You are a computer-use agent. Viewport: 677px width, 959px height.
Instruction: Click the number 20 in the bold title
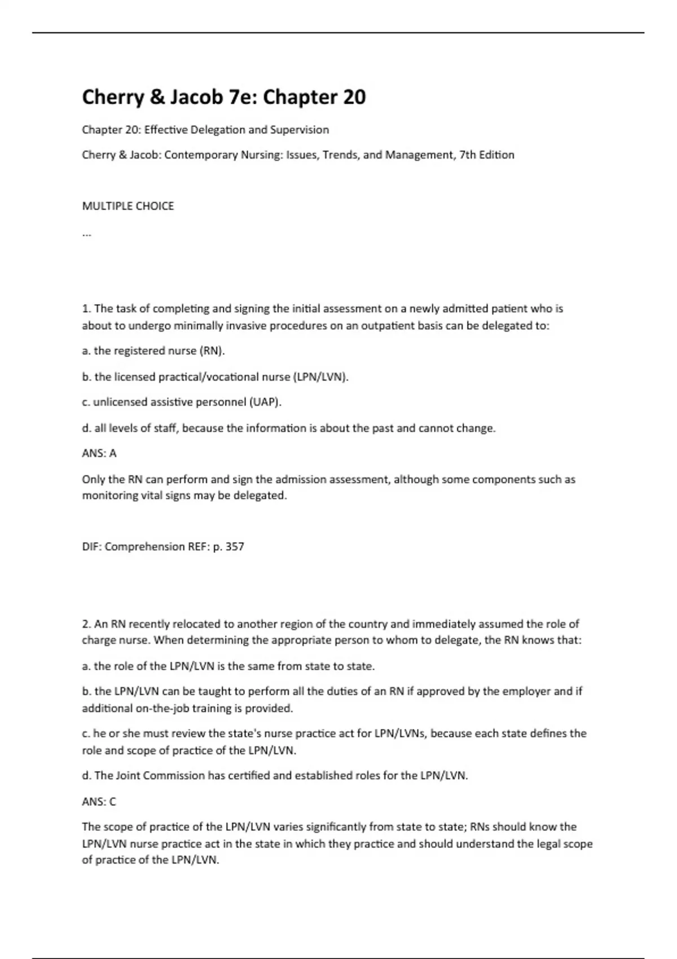[x=354, y=97]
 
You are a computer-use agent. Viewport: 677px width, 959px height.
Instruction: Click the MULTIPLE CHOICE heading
[x=128, y=206]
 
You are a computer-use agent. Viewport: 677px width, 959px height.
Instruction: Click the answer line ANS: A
[x=99, y=453]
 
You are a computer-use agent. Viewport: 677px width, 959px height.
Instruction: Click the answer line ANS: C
[x=99, y=801]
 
